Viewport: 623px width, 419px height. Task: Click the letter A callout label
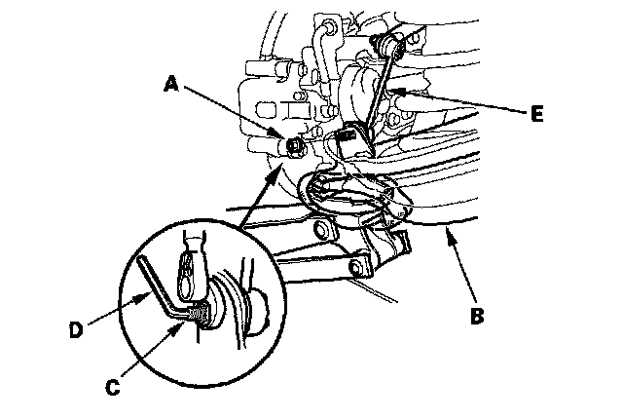pyautogui.click(x=171, y=84)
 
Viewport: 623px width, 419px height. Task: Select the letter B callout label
pyautogui.click(x=477, y=316)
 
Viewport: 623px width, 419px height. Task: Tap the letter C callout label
pyautogui.click(x=113, y=387)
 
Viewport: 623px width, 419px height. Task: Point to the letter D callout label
pyautogui.click(x=76, y=330)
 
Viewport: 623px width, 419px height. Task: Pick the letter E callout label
pyautogui.click(x=536, y=114)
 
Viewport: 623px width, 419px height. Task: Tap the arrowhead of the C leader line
pyautogui.click(x=178, y=329)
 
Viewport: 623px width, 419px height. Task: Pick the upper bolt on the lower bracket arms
pyautogui.click(x=322, y=230)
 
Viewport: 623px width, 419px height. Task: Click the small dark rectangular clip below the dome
pyautogui.click(x=347, y=135)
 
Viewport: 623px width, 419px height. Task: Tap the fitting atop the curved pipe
pyautogui.click(x=327, y=26)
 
